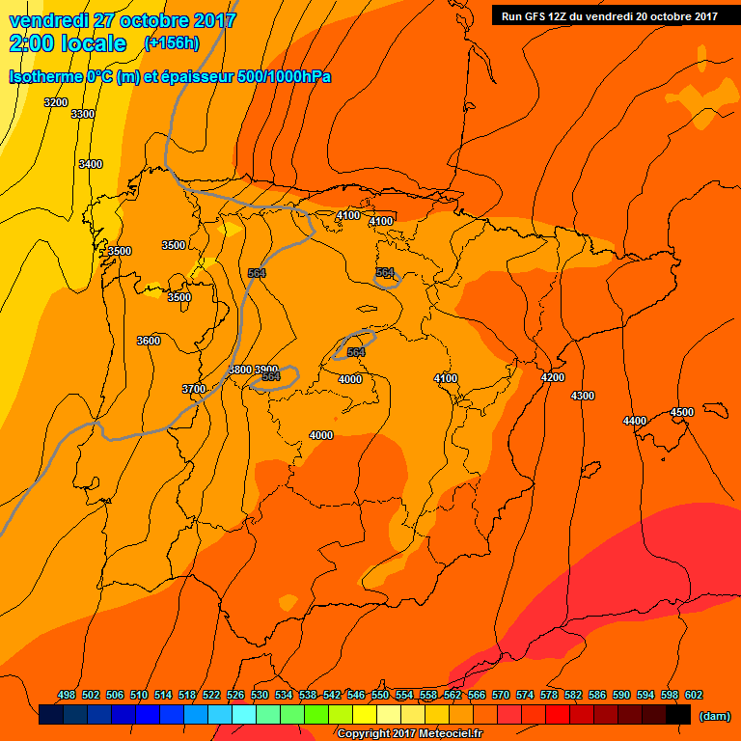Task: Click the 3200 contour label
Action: point(56,102)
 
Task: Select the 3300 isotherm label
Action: point(83,114)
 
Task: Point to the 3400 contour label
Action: point(90,164)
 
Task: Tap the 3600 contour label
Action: point(149,341)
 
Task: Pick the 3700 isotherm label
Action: point(194,389)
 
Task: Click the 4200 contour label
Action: point(553,377)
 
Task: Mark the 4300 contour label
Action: point(583,396)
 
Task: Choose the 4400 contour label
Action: point(635,421)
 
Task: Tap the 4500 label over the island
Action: point(681,412)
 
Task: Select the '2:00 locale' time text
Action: point(68,43)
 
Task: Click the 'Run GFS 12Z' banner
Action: point(609,15)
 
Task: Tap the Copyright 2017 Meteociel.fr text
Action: point(409,733)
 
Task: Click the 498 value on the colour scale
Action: point(67,695)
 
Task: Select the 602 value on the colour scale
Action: point(694,695)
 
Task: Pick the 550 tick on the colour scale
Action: point(380,695)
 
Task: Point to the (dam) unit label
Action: point(714,716)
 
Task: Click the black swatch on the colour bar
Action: point(678,715)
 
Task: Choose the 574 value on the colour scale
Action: point(525,695)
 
